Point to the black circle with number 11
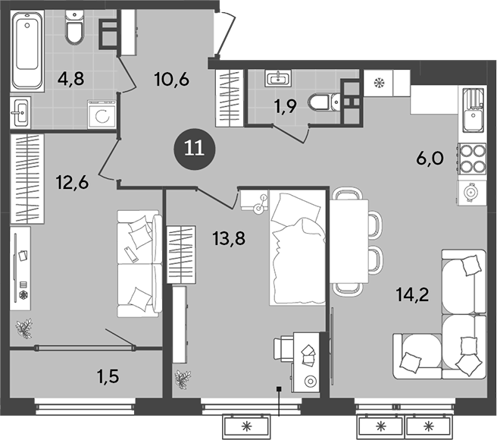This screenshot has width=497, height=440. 195,146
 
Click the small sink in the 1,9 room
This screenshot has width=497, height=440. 280,78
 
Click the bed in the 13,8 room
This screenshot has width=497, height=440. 298,247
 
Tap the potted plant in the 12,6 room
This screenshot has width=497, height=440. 25,328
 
